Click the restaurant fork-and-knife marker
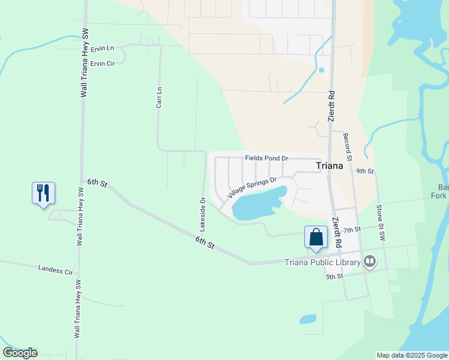(x=43, y=193)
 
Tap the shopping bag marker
(x=316, y=237)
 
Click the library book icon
(x=370, y=261)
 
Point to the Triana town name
(x=330, y=166)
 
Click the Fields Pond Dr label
(x=267, y=158)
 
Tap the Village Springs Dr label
(x=252, y=188)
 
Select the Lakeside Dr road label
(x=203, y=214)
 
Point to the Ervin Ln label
(x=103, y=47)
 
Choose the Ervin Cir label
(x=103, y=63)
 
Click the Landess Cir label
(x=55, y=270)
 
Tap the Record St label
(x=347, y=143)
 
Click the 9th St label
(x=365, y=171)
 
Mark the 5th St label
(x=334, y=277)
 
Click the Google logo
(x=20, y=353)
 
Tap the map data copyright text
(x=412, y=355)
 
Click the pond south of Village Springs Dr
(x=255, y=206)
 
